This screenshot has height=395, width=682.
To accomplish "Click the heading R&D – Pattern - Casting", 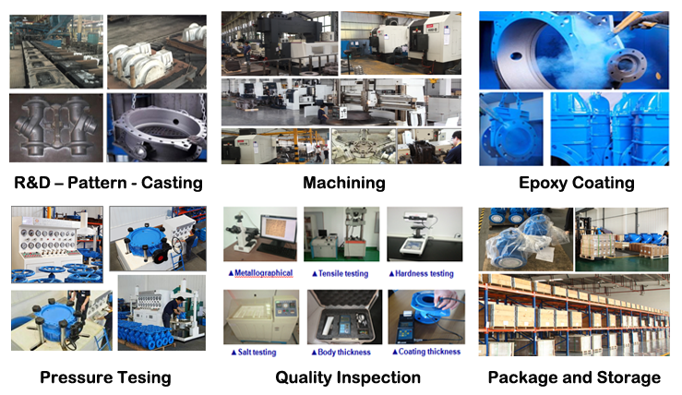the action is click(108, 183).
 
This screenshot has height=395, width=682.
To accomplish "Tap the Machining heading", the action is click(344, 183).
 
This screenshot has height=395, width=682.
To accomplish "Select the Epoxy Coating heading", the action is click(576, 183).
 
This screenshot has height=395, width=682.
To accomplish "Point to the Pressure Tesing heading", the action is click(106, 377).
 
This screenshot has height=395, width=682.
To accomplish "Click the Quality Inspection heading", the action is click(348, 377).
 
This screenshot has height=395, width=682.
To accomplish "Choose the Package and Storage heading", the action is click(574, 377).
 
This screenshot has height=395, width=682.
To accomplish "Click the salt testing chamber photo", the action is click(261, 317).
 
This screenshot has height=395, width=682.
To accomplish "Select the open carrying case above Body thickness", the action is click(344, 317).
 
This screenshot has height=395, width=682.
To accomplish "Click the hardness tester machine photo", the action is click(425, 234).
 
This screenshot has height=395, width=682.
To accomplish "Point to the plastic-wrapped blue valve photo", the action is click(526, 239).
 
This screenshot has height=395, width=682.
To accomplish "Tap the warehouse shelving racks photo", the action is click(574, 315).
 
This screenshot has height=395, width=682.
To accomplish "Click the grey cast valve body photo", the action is click(56, 128).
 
